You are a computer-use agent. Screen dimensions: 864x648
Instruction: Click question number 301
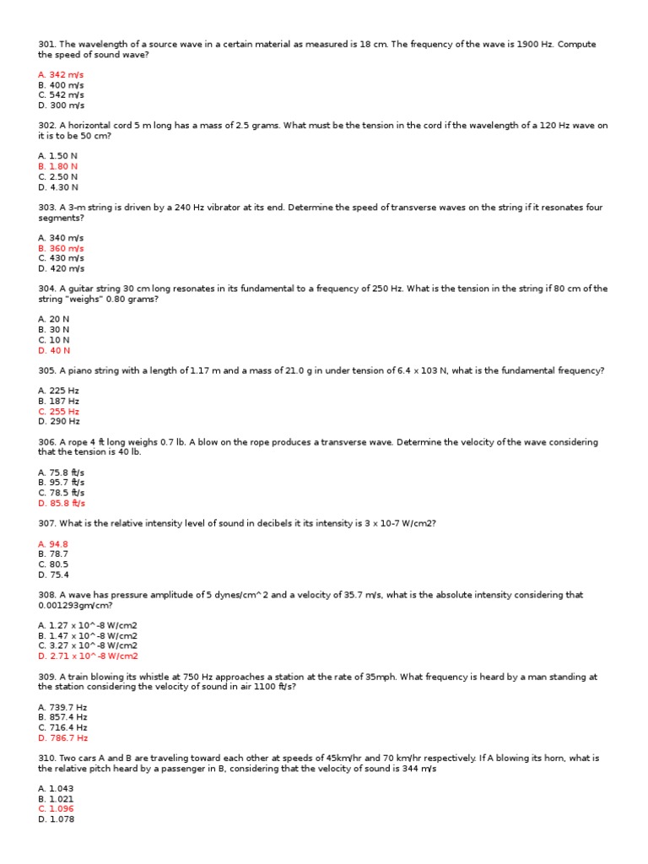click(x=46, y=44)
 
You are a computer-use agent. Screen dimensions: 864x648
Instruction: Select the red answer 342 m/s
click(x=61, y=75)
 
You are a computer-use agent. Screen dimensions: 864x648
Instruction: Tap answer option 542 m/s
click(x=61, y=95)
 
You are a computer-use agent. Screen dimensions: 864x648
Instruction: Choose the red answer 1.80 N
click(x=58, y=166)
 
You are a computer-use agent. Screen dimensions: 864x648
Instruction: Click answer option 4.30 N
click(x=58, y=186)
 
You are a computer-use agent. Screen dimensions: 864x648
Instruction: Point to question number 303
click(x=46, y=208)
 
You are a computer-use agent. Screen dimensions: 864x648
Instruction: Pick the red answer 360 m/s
click(x=61, y=248)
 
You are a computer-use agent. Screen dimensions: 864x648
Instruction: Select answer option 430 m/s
click(x=61, y=258)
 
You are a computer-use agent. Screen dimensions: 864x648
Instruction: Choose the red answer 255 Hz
click(x=59, y=411)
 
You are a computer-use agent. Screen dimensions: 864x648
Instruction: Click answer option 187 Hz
click(x=59, y=401)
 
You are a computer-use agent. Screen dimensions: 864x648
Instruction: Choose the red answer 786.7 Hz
click(x=62, y=737)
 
